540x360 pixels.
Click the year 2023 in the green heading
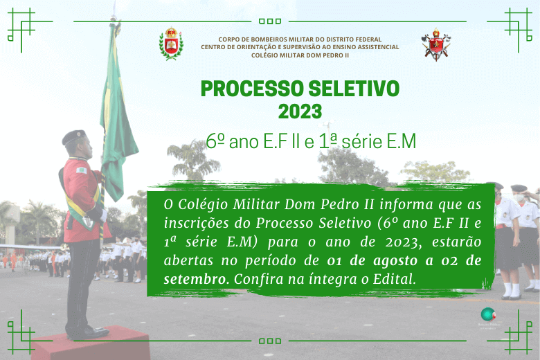point(300,111)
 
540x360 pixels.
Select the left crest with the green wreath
point(171,44)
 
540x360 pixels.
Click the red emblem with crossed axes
point(436,44)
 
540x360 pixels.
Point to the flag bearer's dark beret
point(73,136)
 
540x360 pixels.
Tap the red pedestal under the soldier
point(90,344)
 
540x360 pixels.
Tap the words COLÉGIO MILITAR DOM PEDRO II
point(300,55)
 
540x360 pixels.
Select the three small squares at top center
point(270,21)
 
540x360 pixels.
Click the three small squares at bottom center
point(270,341)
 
